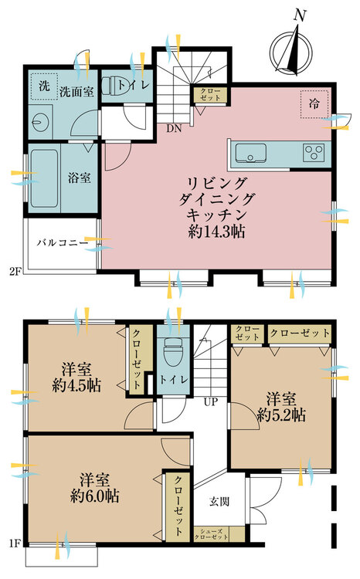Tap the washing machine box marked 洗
(44, 86)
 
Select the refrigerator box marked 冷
(314, 104)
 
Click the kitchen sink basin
(251, 153)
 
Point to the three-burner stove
(314, 153)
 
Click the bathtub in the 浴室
(44, 178)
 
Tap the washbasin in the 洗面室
(39, 121)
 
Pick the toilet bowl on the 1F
(173, 350)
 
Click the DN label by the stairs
(174, 128)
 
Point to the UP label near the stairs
(211, 401)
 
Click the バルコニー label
(63, 243)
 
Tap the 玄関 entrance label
(219, 502)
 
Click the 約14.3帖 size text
(216, 232)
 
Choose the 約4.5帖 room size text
(76, 385)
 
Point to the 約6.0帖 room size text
(94, 496)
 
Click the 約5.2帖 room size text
(282, 416)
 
